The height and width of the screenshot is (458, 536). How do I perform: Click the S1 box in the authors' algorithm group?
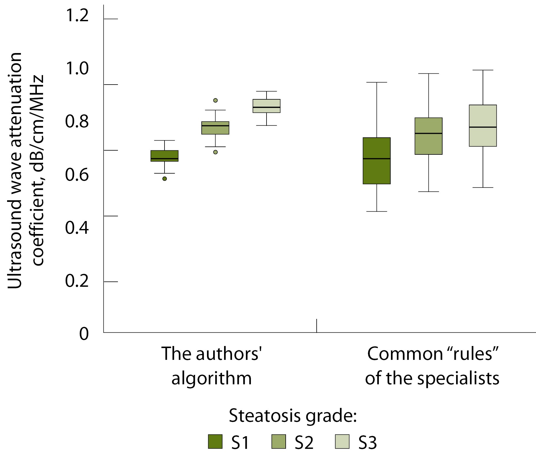tap(165, 156)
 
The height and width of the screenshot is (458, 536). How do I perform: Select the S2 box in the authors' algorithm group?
tap(215, 128)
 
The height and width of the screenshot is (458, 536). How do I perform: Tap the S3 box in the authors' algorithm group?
tap(267, 106)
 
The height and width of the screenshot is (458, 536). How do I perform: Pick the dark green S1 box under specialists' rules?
tap(376, 161)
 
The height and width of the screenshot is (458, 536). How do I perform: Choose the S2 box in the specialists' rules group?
tap(428, 136)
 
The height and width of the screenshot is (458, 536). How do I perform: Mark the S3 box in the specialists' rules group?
tap(483, 126)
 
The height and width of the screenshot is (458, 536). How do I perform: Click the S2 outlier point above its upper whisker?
tap(216, 100)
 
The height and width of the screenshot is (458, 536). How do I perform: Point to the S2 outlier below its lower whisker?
tap(216, 152)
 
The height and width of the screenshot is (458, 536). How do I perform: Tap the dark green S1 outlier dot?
tap(165, 179)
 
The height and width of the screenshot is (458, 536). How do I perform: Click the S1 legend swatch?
tap(215, 441)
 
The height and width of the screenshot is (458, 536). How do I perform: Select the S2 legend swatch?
tap(279, 441)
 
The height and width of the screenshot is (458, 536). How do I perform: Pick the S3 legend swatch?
tap(342, 441)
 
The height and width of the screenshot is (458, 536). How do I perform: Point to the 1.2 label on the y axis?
tap(77, 15)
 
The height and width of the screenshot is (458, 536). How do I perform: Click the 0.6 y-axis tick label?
tap(77, 174)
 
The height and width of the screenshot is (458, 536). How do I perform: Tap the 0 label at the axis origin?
tap(84, 334)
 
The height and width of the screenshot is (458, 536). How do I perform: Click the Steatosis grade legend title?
tap(293, 416)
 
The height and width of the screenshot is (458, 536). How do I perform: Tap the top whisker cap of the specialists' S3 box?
tap(483, 70)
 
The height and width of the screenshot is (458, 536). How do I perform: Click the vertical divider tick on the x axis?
tap(317, 325)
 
